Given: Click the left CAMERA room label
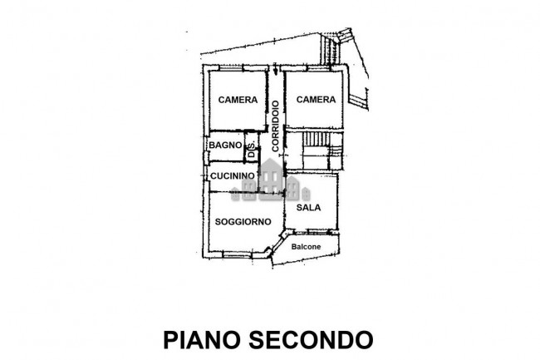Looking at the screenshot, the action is click(238, 100).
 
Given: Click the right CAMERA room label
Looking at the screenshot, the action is click(316, 100).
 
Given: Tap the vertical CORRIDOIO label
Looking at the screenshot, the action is click(275, 126).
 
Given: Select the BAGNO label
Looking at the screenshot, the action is click(225, 145).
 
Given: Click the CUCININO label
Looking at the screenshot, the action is click(233, 175).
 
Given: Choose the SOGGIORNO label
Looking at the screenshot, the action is click(243, 221).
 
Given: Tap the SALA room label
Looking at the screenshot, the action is click(308, 207).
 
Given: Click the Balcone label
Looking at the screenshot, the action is click(306, 247).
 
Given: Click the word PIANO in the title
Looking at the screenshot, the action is click(202, 340).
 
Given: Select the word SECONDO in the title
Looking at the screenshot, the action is click(311, 340).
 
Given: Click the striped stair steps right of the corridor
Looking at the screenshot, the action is click(316, 139).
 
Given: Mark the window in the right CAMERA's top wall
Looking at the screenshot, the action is click(318, 68).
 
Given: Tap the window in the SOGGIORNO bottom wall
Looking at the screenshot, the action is click(237, 255).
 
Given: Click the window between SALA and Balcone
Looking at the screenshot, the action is click(317, 231).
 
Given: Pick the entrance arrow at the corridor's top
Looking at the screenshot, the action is click(275, 68).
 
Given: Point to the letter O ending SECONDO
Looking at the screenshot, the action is click(364, 340).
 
